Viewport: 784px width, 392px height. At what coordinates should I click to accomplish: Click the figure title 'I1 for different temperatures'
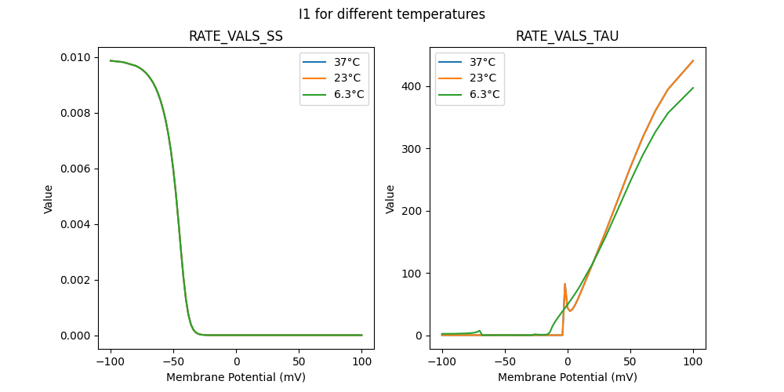click(391, 14)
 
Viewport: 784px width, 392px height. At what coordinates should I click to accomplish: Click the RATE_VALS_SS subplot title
click(236, 37)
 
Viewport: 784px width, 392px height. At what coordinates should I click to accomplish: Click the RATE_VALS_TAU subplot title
click(568, 37)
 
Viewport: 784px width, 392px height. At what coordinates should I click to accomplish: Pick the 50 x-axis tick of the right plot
click(630, 361)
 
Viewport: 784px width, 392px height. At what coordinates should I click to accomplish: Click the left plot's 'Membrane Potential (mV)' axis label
click(236, 377)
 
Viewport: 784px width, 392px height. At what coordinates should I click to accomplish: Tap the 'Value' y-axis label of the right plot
click(390, 198)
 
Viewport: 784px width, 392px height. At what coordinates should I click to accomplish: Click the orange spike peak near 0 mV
click(564, 284)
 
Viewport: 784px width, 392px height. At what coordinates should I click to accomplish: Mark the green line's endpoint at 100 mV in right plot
click(693, 88)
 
